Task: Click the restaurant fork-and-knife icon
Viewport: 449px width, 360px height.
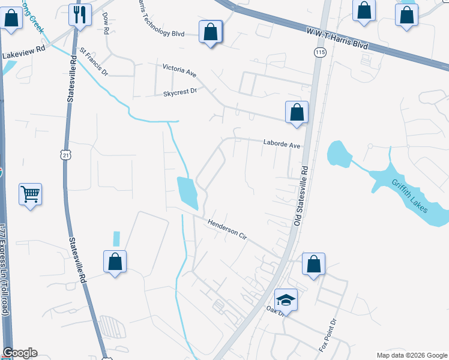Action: pyautogui.click(x=80, y=14)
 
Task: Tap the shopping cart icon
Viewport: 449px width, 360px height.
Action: pyautogui.click(x=30, y=194)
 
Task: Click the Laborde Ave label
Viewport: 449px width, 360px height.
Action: pyautogui.click(x=281, y=144)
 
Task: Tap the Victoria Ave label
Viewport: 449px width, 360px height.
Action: pyautogui.click(x=179, y=70)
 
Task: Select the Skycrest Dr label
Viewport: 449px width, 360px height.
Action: pyautogui.click(x=180, y=93)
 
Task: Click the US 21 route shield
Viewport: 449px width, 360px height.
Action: pyautogui.click(x=65, y=155)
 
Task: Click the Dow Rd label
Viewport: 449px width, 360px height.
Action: pyautogui.click(x=106, y=22)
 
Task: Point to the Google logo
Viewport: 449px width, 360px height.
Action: pyautogui.click(x=20, y=353)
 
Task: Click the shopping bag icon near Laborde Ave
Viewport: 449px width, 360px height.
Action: pyautogui.click(x=297, y=112)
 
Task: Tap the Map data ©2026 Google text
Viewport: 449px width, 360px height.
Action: pyautogui.click(x=411, y=355)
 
